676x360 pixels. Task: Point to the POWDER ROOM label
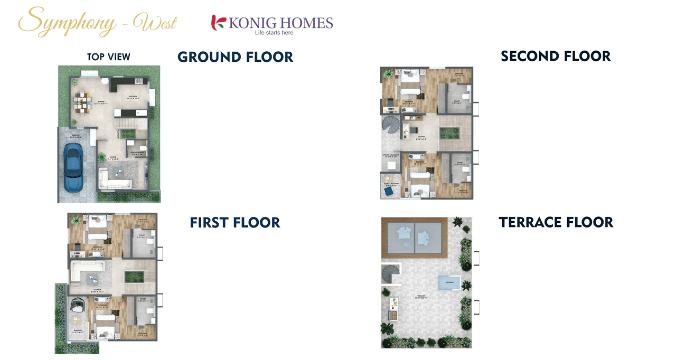138,154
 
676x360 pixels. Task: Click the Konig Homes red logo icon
218,23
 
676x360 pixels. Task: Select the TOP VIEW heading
109,57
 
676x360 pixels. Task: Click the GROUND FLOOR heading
235,57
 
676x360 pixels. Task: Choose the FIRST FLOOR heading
235,223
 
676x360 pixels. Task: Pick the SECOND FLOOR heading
556,56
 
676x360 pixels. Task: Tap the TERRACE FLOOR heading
556,223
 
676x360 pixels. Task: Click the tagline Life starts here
274,33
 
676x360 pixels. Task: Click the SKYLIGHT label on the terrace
448,283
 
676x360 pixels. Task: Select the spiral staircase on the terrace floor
391,274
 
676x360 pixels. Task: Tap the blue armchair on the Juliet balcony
389,192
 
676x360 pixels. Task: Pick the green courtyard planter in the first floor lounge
135,276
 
